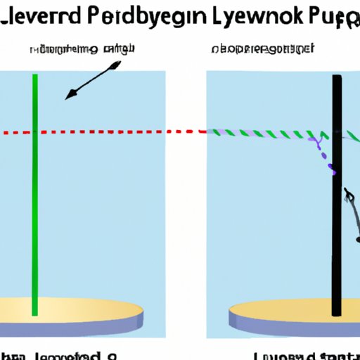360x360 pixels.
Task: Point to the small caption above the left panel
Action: click(82, 49)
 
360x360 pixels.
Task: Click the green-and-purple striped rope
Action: click(267, 134)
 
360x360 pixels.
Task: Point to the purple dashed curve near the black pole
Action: click(325, 156)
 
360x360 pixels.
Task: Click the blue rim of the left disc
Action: click(70, 326)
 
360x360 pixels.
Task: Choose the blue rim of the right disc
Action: click(281, 326)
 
